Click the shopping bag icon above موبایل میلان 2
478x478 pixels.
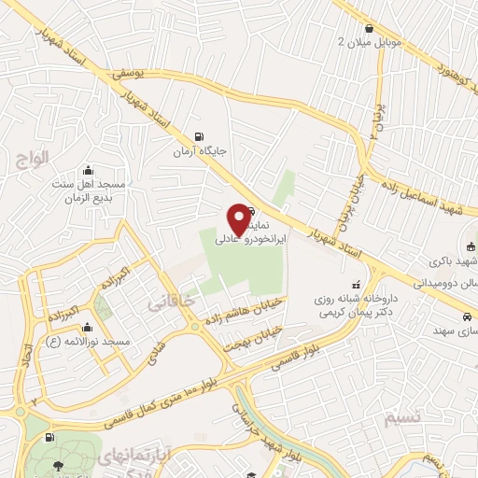(x=373, y=28)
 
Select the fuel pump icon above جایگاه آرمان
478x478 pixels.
(x=197, y=136)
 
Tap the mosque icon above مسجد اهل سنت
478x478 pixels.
(x=88, y=170)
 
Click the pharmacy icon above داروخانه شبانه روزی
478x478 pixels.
(x=354, y=284)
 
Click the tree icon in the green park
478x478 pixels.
(x=58, y=465)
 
